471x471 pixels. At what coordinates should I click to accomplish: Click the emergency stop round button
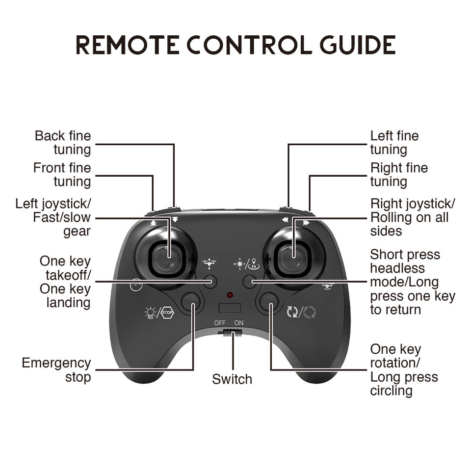point(190,301)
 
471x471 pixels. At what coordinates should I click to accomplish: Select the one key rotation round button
point(269,301)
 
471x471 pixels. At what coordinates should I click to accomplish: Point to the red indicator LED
point(230,295)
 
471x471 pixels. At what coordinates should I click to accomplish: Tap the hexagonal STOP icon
point(168,313)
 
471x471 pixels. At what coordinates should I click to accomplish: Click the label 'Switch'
point(232,379)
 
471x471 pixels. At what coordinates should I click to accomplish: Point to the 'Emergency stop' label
point(56,370)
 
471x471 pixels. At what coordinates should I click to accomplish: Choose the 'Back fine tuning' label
point(63,143)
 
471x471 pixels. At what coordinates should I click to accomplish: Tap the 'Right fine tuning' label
point(399,175)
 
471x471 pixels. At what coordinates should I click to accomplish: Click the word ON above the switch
point(239,323)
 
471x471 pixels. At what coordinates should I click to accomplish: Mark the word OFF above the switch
point(220,323)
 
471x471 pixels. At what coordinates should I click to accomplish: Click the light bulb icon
point(150,313)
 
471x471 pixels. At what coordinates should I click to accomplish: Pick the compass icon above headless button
point(239,264)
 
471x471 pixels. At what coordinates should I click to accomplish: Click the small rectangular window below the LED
point(230,308)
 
